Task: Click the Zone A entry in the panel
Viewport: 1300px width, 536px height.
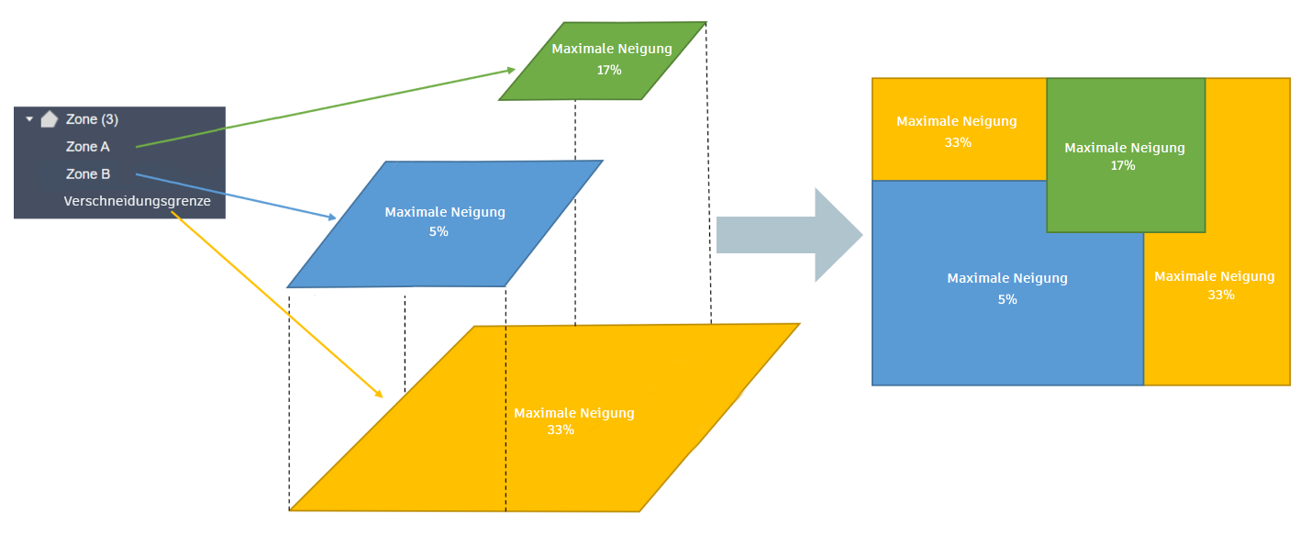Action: click(88, 146)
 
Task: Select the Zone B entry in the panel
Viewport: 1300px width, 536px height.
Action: click(88, 173)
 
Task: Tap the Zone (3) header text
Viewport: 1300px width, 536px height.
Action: click(92, 119)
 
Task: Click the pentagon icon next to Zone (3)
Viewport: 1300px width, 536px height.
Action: click(50, 118)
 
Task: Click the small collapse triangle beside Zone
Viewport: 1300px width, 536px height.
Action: click(29, 119)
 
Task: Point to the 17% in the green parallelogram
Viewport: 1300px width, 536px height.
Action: click(609, 69)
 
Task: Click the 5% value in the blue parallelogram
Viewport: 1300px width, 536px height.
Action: click(439, 232)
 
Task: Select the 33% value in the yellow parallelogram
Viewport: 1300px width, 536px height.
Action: click(560, 430)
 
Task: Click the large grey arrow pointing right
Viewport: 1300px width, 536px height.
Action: click(789, 235)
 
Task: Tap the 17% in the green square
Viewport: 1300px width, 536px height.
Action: click(1123, 166)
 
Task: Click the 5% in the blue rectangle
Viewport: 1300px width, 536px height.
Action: click(1007, 299)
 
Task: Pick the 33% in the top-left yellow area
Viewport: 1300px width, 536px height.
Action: click(957, 142)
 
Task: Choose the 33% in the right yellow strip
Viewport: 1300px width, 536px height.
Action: click(1221, 295)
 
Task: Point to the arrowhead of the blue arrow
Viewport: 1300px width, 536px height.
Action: click(332, 218)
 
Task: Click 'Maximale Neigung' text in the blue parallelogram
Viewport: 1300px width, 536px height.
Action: click(445, 212)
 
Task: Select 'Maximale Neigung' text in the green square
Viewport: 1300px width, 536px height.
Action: click(1125, 147)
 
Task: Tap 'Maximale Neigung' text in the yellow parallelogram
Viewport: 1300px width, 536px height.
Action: click(574, 413)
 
